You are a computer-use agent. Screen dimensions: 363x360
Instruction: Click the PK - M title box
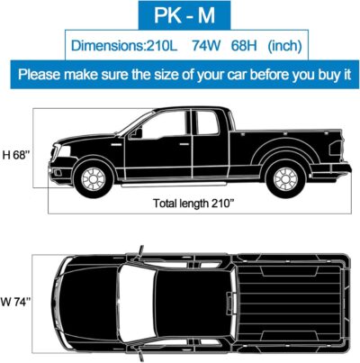pyautogui.click(x=179, y=16)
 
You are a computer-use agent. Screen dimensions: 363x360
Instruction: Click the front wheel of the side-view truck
pyautogui.click(x=94, y=178)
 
